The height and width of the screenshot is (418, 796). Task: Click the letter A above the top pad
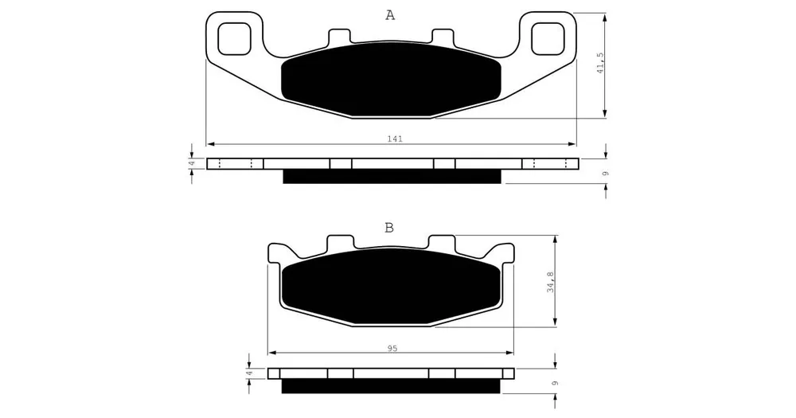[390, 16]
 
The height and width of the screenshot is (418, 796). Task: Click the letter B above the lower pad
[389, 228]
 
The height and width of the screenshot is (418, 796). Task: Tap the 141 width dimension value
[395, 139]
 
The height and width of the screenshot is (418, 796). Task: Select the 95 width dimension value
[392, 348]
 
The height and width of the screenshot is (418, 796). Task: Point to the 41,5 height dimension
[600, 62]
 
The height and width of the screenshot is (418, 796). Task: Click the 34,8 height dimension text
[551, 283]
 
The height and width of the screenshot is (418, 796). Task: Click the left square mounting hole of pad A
[235, 39]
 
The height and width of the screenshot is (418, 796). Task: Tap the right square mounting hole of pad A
[548, 39]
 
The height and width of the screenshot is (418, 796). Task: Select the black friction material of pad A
[391, 80]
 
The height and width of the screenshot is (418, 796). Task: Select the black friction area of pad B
[391, 287]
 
